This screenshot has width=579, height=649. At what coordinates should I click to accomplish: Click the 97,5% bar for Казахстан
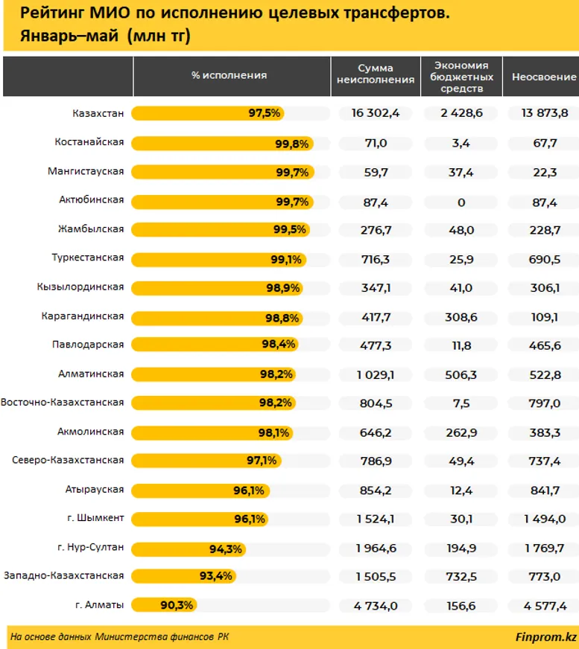[208, 113]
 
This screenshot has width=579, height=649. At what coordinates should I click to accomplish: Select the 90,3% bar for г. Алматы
[165, 605]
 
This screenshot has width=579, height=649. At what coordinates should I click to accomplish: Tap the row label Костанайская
[89, 142]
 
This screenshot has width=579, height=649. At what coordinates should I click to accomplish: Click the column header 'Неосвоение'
[543, 77]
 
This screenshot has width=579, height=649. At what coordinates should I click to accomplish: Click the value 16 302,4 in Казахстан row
[376, 113]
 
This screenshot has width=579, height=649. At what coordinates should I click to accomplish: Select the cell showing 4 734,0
[376, 605]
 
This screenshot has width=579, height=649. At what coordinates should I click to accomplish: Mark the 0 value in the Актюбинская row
[461, 200]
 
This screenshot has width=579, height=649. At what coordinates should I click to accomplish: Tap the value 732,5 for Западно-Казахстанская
[461, 576]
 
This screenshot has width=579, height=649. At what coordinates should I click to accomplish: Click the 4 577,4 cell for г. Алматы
[545, 605]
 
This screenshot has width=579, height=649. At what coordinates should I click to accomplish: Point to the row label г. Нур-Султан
[90, 548]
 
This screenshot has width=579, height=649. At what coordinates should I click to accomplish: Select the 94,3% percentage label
[226, 549]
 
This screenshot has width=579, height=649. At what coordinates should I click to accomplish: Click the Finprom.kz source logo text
[545, 636]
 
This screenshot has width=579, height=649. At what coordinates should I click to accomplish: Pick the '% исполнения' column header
[229, 76]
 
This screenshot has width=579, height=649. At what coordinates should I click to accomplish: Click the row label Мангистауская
[86, 171]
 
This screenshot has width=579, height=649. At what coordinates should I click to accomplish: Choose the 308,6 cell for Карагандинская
[461, 316]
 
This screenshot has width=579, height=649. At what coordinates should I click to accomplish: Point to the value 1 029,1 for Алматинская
[376, 374]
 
